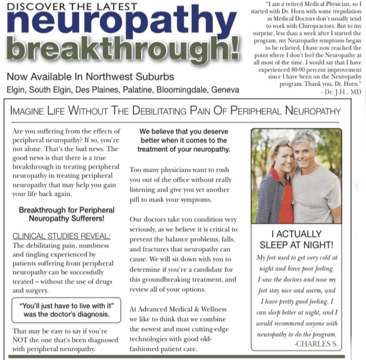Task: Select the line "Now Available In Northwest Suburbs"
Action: point(90,77)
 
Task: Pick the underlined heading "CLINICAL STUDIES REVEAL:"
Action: point(61,236)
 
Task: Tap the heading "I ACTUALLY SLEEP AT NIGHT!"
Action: point(296,239)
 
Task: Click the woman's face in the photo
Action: point(281,153)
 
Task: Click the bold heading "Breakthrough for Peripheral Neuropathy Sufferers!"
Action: point(66,214)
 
